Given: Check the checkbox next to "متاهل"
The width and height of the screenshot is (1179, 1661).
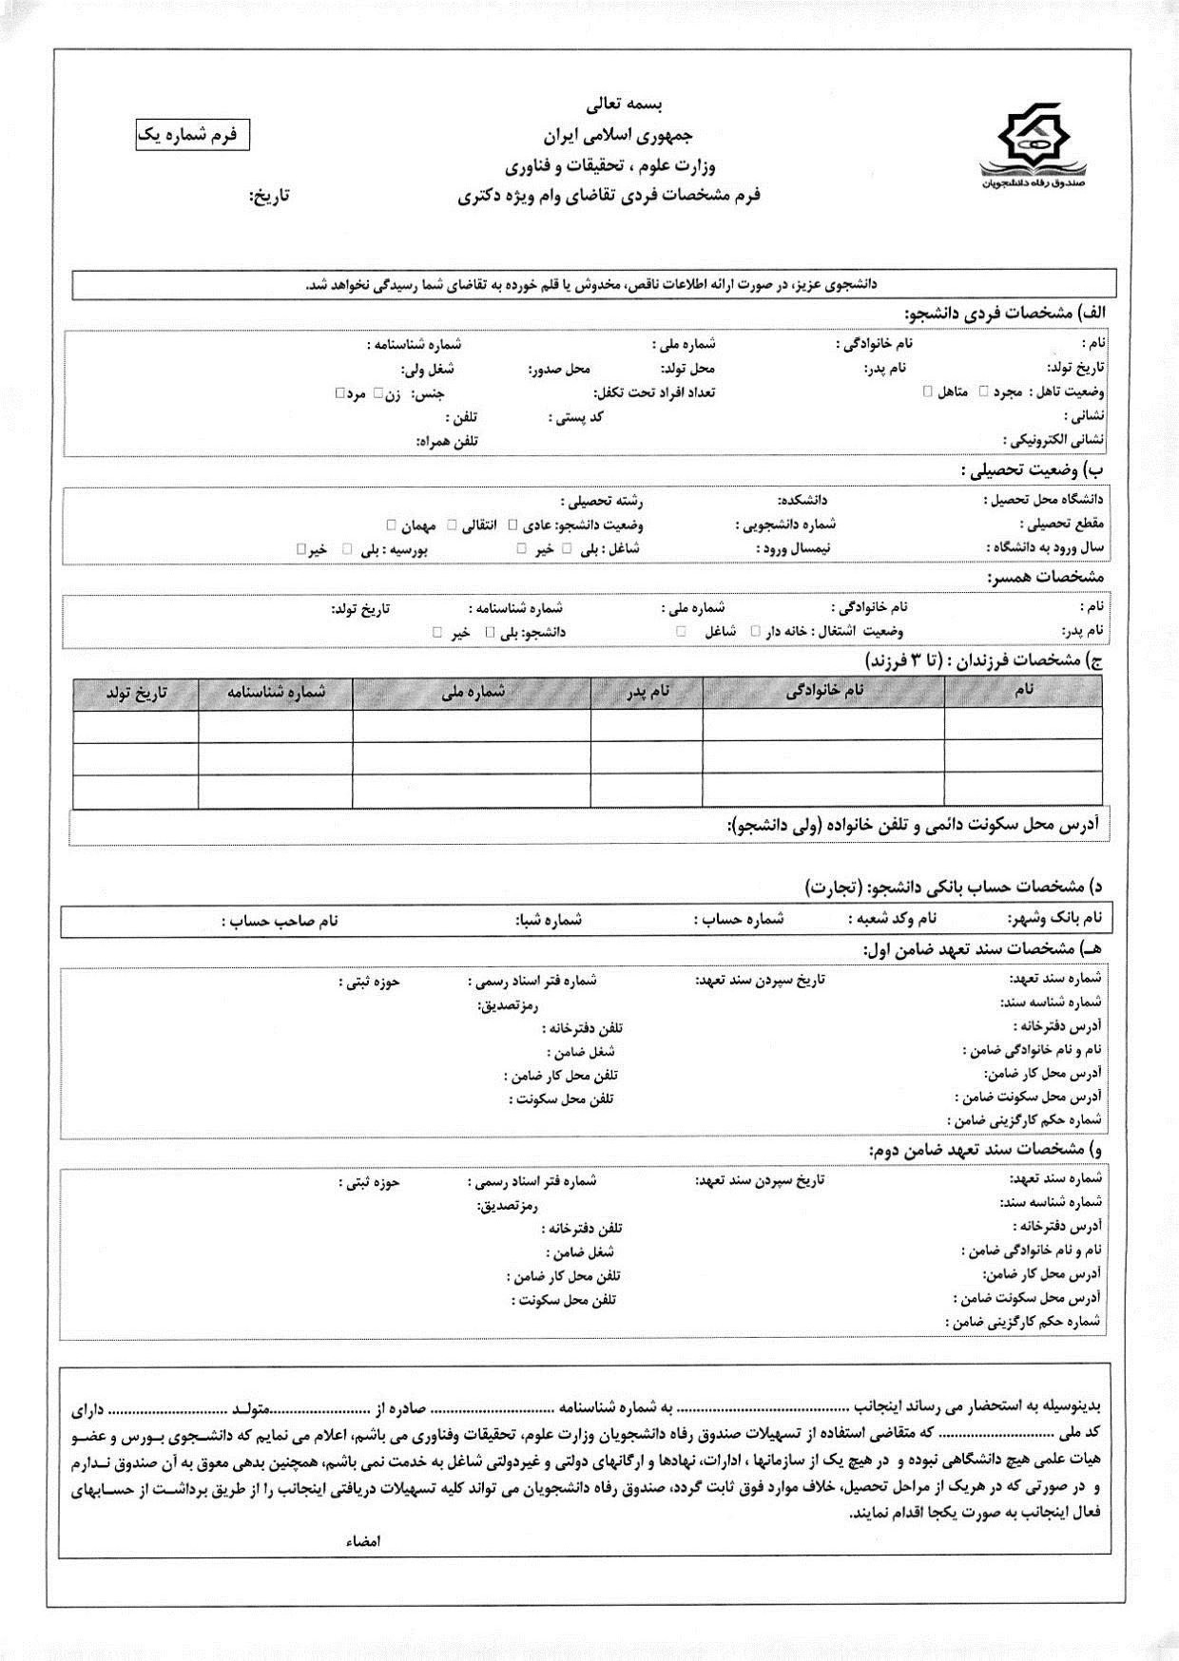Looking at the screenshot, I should pos(927,391).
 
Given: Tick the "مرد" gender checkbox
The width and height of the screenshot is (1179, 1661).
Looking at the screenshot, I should pos(339,392).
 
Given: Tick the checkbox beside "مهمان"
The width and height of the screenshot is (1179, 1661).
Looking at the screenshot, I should pos(392,525).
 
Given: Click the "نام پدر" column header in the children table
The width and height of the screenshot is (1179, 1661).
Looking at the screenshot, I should pos(647,693).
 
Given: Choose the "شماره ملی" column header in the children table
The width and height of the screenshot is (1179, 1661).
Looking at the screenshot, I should pos(472,693).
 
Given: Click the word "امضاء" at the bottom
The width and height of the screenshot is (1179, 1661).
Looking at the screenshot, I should pos(363,1541).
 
